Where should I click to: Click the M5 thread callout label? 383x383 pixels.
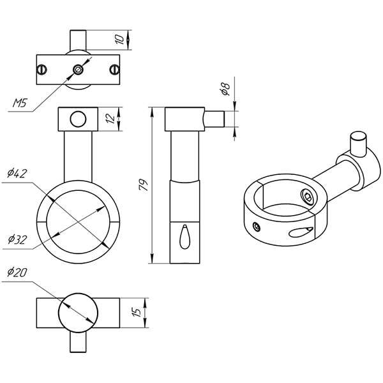pyautogui.click(x=19, y=103)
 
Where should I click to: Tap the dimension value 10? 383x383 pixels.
pyautogui.click(x=119, y=40)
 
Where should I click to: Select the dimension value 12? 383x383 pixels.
pyautogui.click(x=111, y=118)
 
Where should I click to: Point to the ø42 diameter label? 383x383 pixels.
pyautogui.click(x=17, y=173)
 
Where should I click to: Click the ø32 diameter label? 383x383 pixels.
pyautogui.click(x=17, y=239)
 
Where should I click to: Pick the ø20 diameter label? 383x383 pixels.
pyautogui.click(x=17, y=272)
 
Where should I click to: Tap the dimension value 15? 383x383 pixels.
pyautogui.click(x=137, y=312)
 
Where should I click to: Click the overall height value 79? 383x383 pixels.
pyautogui.click(x=144, y=185)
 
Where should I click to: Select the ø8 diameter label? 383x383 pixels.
pyautogui.click(x=225, y=89)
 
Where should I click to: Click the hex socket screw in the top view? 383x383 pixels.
pyautogui.click(x=78, y=70)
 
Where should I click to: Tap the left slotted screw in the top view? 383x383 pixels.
pyautogui.click(x=41, y=70)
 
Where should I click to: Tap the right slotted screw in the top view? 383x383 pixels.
pyautogui.click(x=114, y=70)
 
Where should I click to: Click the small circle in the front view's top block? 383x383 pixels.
pyautogui.click(x=78, y=119)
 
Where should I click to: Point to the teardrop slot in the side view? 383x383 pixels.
pyautogui.click(x=185, y=237)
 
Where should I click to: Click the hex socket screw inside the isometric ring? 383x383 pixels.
pyautogui.click(x=307, y=196)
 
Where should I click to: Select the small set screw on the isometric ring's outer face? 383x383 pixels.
pyautogui.click(x=257, y=227)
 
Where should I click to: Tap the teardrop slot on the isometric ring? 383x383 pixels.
pyautogui.click(x=301, y=232)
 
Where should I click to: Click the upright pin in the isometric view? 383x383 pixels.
pyautogui.click(x=358, y=144)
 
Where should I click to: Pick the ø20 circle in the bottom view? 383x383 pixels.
pyautogui.click(x=78, y=313)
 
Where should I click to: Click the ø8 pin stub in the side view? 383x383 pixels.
pyautogui.click(x=214, y=119)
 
